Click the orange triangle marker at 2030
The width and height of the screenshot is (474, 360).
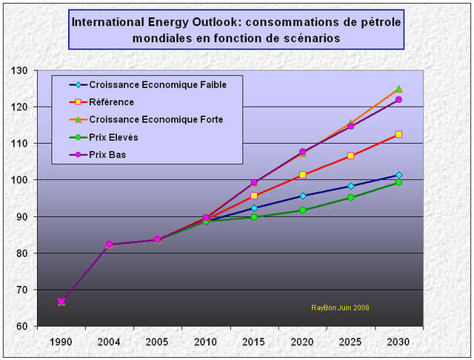398,89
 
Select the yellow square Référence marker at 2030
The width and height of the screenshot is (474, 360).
398,134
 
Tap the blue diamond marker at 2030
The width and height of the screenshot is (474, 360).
398,175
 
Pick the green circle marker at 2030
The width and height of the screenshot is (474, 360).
398,182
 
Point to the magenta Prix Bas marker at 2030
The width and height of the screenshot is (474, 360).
398,99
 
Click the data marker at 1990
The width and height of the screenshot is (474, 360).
61,301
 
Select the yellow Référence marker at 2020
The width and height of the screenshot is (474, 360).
302,175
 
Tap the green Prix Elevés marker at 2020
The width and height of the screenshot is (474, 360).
302,210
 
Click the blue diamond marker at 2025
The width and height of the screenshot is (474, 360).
350,186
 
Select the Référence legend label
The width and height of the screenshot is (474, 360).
111,101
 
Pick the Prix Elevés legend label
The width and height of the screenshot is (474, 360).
113,137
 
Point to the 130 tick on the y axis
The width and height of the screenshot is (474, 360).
28,71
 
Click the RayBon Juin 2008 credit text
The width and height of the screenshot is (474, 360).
340,307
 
